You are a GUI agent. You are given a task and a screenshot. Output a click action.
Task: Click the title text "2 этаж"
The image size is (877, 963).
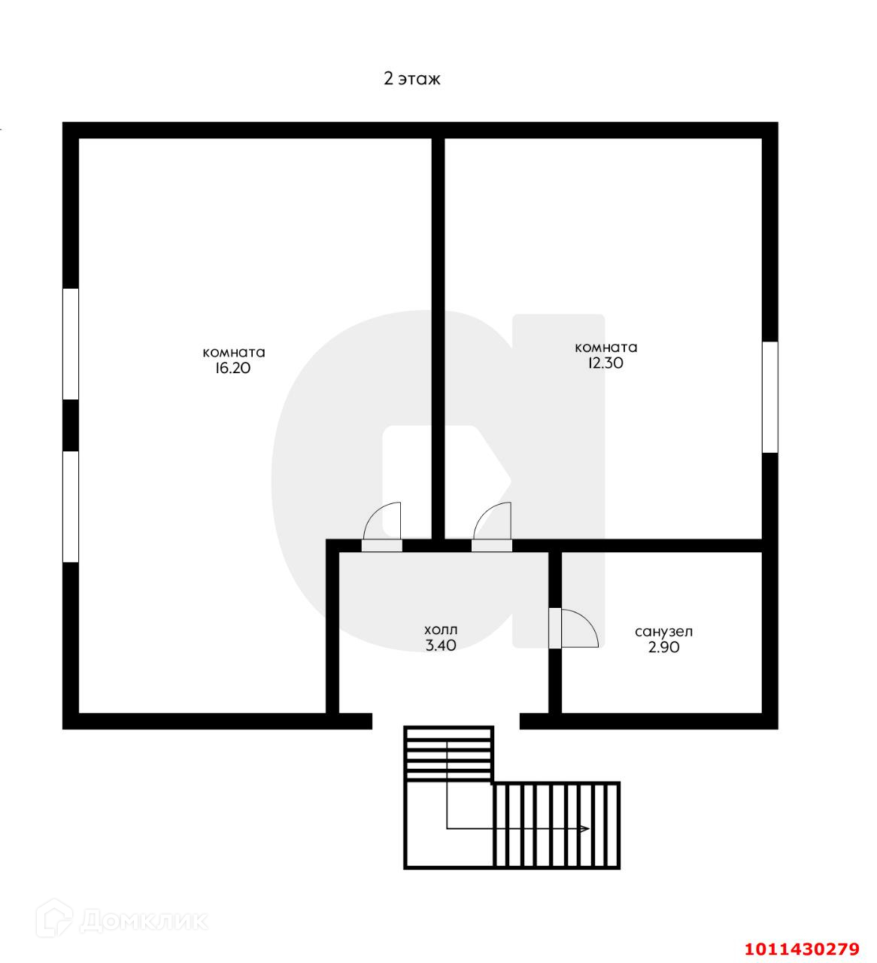click(412, 79)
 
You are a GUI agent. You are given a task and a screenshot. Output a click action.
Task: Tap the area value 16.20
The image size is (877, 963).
click(233, 368)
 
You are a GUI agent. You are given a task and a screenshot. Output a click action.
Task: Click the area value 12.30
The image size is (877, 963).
click(605, 363)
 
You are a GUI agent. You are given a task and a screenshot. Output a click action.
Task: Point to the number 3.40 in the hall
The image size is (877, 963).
click(441, 646)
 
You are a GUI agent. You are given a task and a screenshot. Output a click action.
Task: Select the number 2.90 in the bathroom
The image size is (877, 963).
click(663, 648)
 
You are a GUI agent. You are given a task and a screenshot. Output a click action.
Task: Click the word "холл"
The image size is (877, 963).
click(441, 630)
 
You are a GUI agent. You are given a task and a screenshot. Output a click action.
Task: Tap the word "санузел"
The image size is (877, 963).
click(663, 632)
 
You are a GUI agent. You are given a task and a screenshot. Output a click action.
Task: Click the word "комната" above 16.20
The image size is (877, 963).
click(234, 353)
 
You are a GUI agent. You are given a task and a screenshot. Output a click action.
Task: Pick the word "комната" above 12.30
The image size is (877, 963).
click(605, 348)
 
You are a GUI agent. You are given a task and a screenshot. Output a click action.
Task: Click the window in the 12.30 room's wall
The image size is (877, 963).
click(770, 397)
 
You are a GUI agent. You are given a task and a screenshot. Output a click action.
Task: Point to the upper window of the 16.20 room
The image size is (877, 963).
click(71, 344)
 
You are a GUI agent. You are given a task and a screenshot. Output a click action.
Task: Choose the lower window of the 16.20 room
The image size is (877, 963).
click(71, 506)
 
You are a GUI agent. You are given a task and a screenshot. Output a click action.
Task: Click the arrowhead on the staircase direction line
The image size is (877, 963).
click(584, 828)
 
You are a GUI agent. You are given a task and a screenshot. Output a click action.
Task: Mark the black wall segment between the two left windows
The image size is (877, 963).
click(71, 425)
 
